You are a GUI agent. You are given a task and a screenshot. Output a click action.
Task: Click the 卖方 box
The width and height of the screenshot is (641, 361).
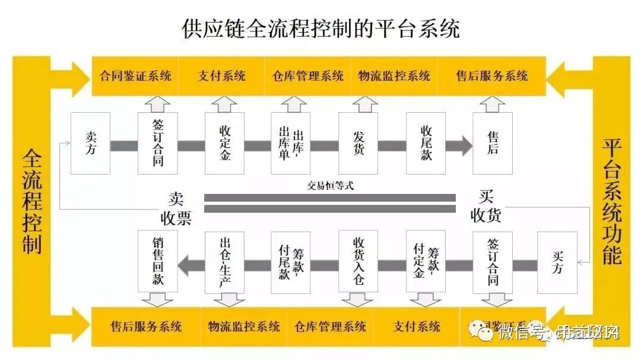pos(90,143)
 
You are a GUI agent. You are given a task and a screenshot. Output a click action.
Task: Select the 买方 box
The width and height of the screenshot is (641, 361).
pos(557,262)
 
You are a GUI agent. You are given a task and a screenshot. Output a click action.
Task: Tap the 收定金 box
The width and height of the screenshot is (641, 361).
pos(224,143)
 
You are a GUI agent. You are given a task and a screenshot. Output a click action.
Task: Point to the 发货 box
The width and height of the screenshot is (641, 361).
pos(358,143)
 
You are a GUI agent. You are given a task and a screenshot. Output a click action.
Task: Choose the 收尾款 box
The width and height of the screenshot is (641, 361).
pos(426,143)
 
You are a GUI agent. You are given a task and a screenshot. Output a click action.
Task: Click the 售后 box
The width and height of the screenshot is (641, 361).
pos(493,143)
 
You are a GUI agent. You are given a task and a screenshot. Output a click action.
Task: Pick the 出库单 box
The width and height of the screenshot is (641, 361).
pos(291,143)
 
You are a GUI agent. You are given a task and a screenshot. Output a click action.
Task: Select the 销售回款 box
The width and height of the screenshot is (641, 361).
pos(157,262)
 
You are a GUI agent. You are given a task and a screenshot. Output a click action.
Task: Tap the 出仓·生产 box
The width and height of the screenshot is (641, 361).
pos(224,262)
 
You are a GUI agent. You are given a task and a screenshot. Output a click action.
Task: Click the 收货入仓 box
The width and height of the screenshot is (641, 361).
pos(358,262)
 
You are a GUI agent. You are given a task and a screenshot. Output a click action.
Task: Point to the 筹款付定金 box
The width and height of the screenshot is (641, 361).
pos(426,262)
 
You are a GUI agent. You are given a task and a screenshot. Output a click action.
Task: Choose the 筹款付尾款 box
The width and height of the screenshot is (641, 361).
pos(291,262)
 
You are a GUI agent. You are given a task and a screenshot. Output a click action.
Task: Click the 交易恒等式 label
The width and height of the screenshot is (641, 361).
pos(330,185)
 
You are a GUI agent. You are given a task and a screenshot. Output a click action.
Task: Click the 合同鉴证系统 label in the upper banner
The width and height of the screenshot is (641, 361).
pos(135,76)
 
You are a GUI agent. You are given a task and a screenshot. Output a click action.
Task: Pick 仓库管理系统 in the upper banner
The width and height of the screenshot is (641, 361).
pos(308,76)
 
